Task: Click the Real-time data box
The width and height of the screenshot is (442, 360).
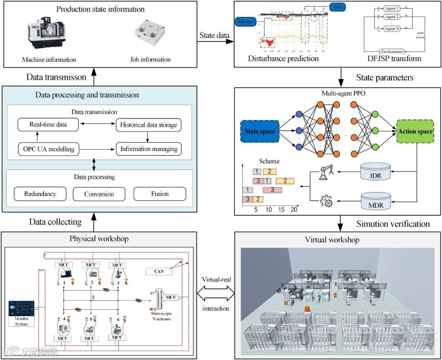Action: (48, 125)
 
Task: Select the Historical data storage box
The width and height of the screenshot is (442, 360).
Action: (149, 125)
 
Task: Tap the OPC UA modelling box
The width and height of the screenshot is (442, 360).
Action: (48, 149)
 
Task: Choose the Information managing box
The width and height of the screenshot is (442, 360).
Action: (149, 149)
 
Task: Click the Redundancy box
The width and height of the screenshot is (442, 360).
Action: (40, 194)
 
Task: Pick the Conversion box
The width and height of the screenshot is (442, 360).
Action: (99, 194)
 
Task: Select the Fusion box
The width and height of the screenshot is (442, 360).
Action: (160, 194)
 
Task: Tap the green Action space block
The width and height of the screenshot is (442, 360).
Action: (415, 131)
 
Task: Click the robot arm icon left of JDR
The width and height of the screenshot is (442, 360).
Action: (326, 173)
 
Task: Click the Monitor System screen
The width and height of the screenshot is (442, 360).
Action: (21, 311)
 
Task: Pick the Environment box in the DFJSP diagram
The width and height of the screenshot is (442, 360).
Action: (392, 52)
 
